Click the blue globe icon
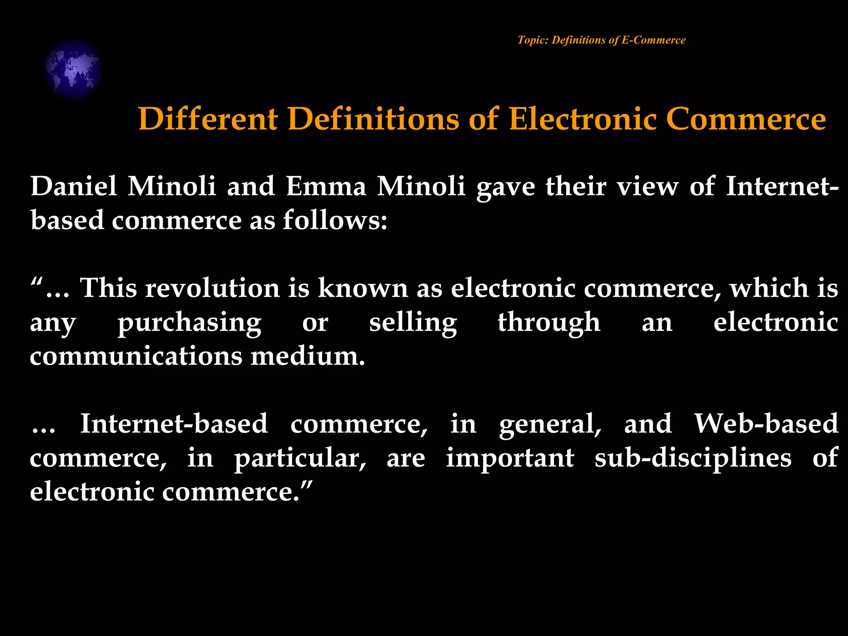click(x=73, y=69)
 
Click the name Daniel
click(x=74, y=186)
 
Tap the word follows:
click(x=335, y=220)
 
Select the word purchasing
click(x=189, y=323)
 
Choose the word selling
click(x=413, y=323)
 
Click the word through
click(x=549, y=323)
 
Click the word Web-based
click(x=766, y=424)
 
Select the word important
click(x=510, y=458)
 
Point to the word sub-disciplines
click(x=693, y=458)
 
